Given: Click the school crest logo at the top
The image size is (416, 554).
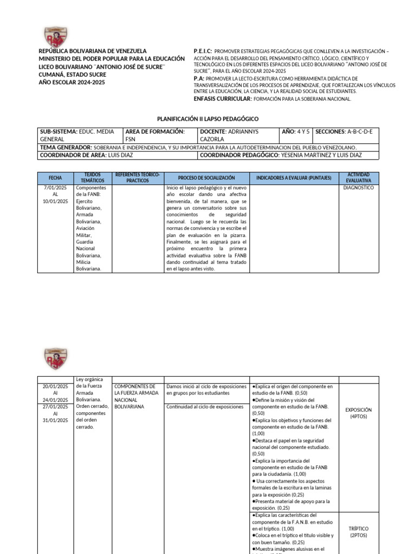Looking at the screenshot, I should click(x=56, y=34).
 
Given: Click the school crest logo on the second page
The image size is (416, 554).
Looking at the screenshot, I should click(x=56, y=358).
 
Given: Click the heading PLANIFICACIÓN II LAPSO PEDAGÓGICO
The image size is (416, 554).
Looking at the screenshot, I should click(x=208, y=118).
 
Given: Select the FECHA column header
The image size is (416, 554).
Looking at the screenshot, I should click(x=55, y=178).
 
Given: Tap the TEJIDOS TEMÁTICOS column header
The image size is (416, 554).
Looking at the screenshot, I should click(x=93, y=178).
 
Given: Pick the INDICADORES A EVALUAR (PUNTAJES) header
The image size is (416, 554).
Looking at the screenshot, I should click(x=294, y=178).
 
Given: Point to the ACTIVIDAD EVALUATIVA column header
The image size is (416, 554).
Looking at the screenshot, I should click(x=359, y=178).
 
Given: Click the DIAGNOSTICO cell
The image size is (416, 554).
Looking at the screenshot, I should click(x=359, y=188).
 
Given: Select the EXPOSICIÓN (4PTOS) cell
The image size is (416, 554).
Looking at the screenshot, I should click(x=359, y=413).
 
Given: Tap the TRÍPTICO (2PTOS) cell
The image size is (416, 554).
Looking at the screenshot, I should click(x=359, y=532).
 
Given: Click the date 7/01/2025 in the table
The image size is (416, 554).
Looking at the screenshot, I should click(x=55, y=188).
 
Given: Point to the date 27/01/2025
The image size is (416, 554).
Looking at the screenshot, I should click(x=55, y=407).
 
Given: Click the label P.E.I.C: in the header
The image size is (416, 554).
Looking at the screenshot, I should click(x=203, y=51).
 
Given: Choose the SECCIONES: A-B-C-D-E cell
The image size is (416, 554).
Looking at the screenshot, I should click(x=347, y=131).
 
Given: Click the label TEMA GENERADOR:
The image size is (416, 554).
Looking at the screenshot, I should click(x=66, y=147).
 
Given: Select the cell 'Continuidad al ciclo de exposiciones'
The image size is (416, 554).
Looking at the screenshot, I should click(x=205, y=407).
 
